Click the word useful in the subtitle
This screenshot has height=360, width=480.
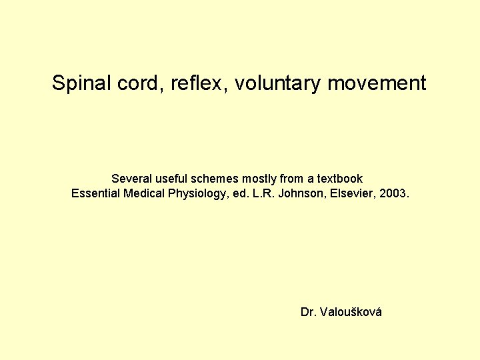click(x=169, y=179)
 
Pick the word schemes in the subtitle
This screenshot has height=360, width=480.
click(x=214, y=179)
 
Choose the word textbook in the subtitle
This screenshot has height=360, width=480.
click(x=339, y=179)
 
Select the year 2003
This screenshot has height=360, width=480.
click(x=398, y=194)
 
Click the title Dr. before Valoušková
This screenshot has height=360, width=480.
click(x=309, y=312)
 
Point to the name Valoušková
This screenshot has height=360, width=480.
click(x=351, y=312)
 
